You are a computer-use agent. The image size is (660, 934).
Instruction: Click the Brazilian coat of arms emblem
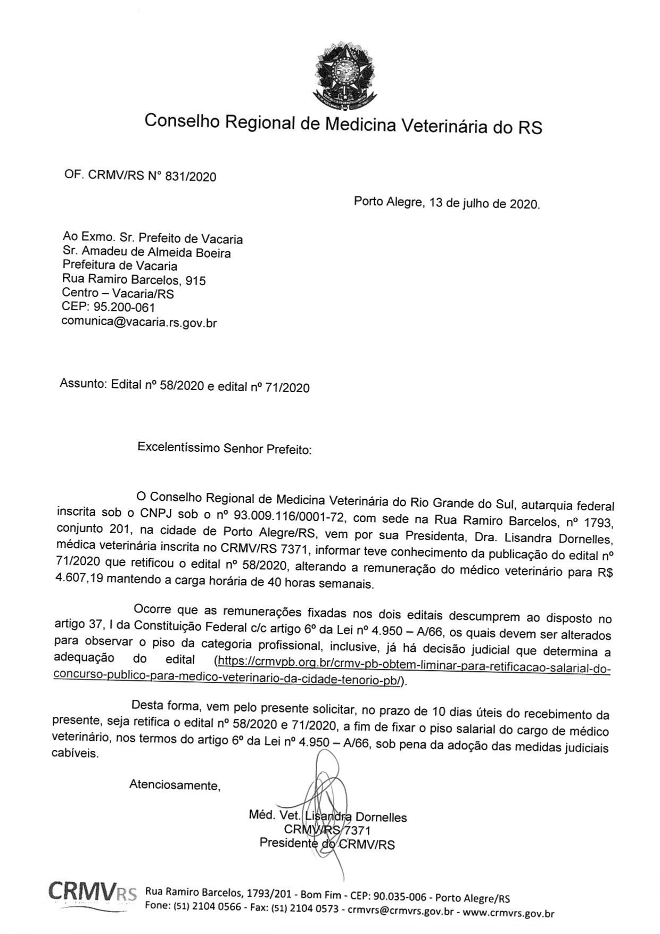coord(345,74)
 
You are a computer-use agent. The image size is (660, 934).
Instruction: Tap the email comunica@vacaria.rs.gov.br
coord(139,322)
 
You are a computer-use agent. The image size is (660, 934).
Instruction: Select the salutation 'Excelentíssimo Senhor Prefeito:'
coord(224,448)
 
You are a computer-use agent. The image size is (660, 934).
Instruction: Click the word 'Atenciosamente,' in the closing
coord(175,785)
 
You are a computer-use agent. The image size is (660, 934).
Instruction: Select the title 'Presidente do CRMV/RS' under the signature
coord(327,844)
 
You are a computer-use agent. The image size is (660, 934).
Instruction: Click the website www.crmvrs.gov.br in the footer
coord(508,913)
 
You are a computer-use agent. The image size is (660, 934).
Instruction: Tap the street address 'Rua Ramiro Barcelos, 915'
coord(134,279)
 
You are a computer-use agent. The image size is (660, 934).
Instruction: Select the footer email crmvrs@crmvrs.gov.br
coord(400,911)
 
